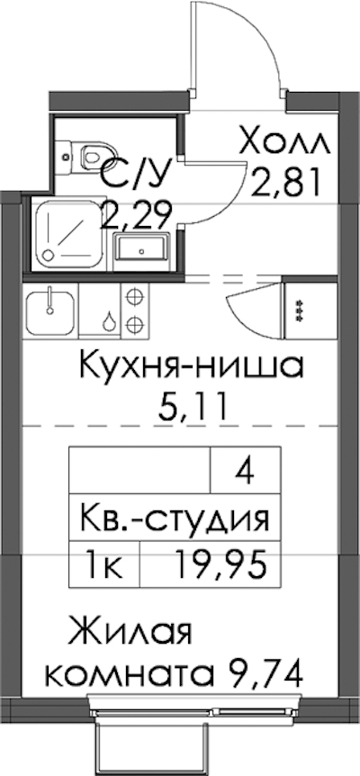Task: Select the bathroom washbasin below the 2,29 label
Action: tap(141, 251)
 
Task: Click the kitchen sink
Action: tap(50, 311)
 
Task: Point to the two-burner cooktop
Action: tap(134, 311)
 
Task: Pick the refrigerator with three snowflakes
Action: tap(299, 311)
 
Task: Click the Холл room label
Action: tap(283, 143)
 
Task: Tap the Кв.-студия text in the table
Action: tap(175, 519)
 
